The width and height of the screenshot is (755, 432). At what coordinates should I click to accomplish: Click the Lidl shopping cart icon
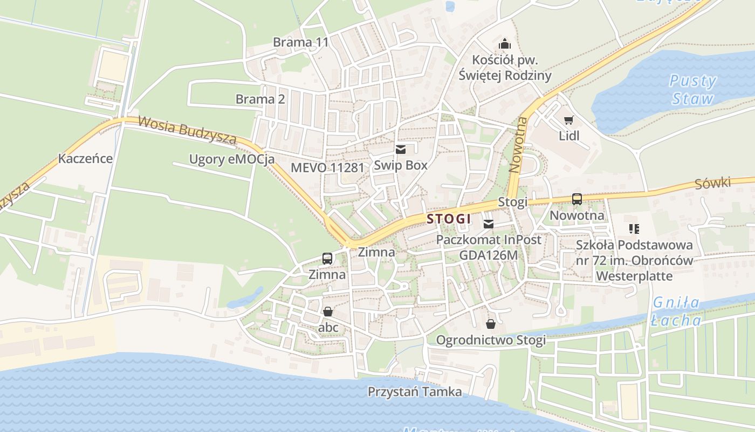point(568,120)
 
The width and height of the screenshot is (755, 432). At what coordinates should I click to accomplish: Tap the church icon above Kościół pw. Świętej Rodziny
point(505,44)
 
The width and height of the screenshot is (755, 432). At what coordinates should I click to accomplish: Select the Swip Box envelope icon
point(400,150)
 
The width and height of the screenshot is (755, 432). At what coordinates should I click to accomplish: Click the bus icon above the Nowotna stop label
point(576,199)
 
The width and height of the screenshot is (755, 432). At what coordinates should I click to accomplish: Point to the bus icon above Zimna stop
point(327,258)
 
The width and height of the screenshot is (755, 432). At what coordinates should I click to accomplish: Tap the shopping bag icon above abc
point(327,312)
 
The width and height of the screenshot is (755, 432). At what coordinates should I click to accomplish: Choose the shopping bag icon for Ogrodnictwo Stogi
point(491,324)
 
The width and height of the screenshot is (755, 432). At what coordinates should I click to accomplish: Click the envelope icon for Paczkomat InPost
point(489,224)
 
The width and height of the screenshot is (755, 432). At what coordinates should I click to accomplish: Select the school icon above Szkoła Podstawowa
point(634,229)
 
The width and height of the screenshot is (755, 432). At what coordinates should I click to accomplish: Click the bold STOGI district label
point(449,219)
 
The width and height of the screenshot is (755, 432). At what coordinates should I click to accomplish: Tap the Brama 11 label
point(300,42)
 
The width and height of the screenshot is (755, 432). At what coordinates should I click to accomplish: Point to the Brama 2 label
point(260,99)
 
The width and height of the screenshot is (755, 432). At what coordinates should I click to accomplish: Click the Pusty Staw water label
point(692,90)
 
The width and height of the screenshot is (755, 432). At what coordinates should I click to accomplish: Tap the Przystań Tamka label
point(415,391)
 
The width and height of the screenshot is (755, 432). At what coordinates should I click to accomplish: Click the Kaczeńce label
point(85,159)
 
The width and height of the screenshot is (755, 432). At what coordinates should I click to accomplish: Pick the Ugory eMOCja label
point(231,159)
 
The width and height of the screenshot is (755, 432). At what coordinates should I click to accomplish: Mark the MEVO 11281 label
point(327,167)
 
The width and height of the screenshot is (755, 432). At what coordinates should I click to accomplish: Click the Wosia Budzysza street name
point(187,130)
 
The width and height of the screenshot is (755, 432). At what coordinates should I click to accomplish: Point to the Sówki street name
point(712,184)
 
